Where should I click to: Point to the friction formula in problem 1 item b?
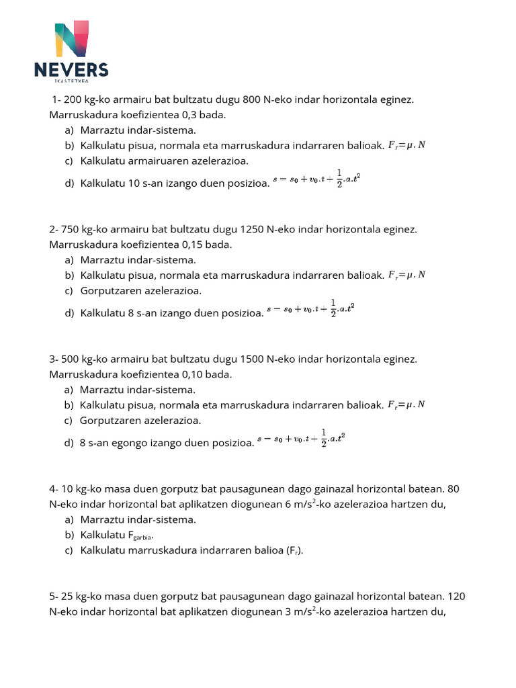pos(406,145)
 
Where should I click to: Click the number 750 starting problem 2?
pos(71,229)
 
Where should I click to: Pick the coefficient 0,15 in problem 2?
pos(193,245)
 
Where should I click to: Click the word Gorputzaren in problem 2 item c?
pos(112,291)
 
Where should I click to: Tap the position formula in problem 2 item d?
pos(310,309)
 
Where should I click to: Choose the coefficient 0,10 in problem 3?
pos(193,374)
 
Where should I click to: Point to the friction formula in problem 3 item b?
pos(406,404)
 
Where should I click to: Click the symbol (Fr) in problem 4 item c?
pos(292,551)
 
